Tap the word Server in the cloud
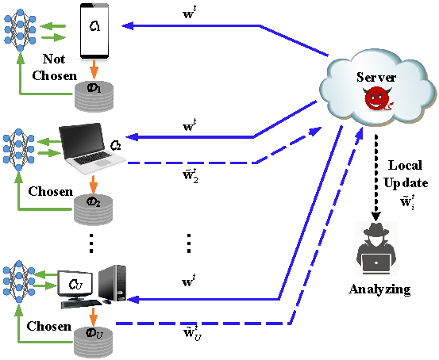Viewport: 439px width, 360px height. [376, 77]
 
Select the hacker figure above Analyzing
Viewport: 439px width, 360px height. [376, 249]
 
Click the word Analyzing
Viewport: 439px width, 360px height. [379, 289]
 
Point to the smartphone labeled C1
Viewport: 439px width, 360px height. [94, 31]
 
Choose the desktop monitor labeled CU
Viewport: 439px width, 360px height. [75, 284]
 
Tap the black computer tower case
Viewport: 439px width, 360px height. [113, 283]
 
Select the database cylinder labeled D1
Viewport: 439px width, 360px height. [94, 95]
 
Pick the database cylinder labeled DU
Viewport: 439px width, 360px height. [93, 341]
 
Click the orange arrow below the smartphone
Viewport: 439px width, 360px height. [94, 69]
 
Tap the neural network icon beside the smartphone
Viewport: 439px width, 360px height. [20, 30]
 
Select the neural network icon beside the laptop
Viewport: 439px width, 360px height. [19, 150]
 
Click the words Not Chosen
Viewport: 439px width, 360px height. [54, 67]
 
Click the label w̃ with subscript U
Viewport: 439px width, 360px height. [192, 333]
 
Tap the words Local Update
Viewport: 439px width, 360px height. [406, 174]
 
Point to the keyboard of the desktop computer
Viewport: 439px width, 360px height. [82, 304]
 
